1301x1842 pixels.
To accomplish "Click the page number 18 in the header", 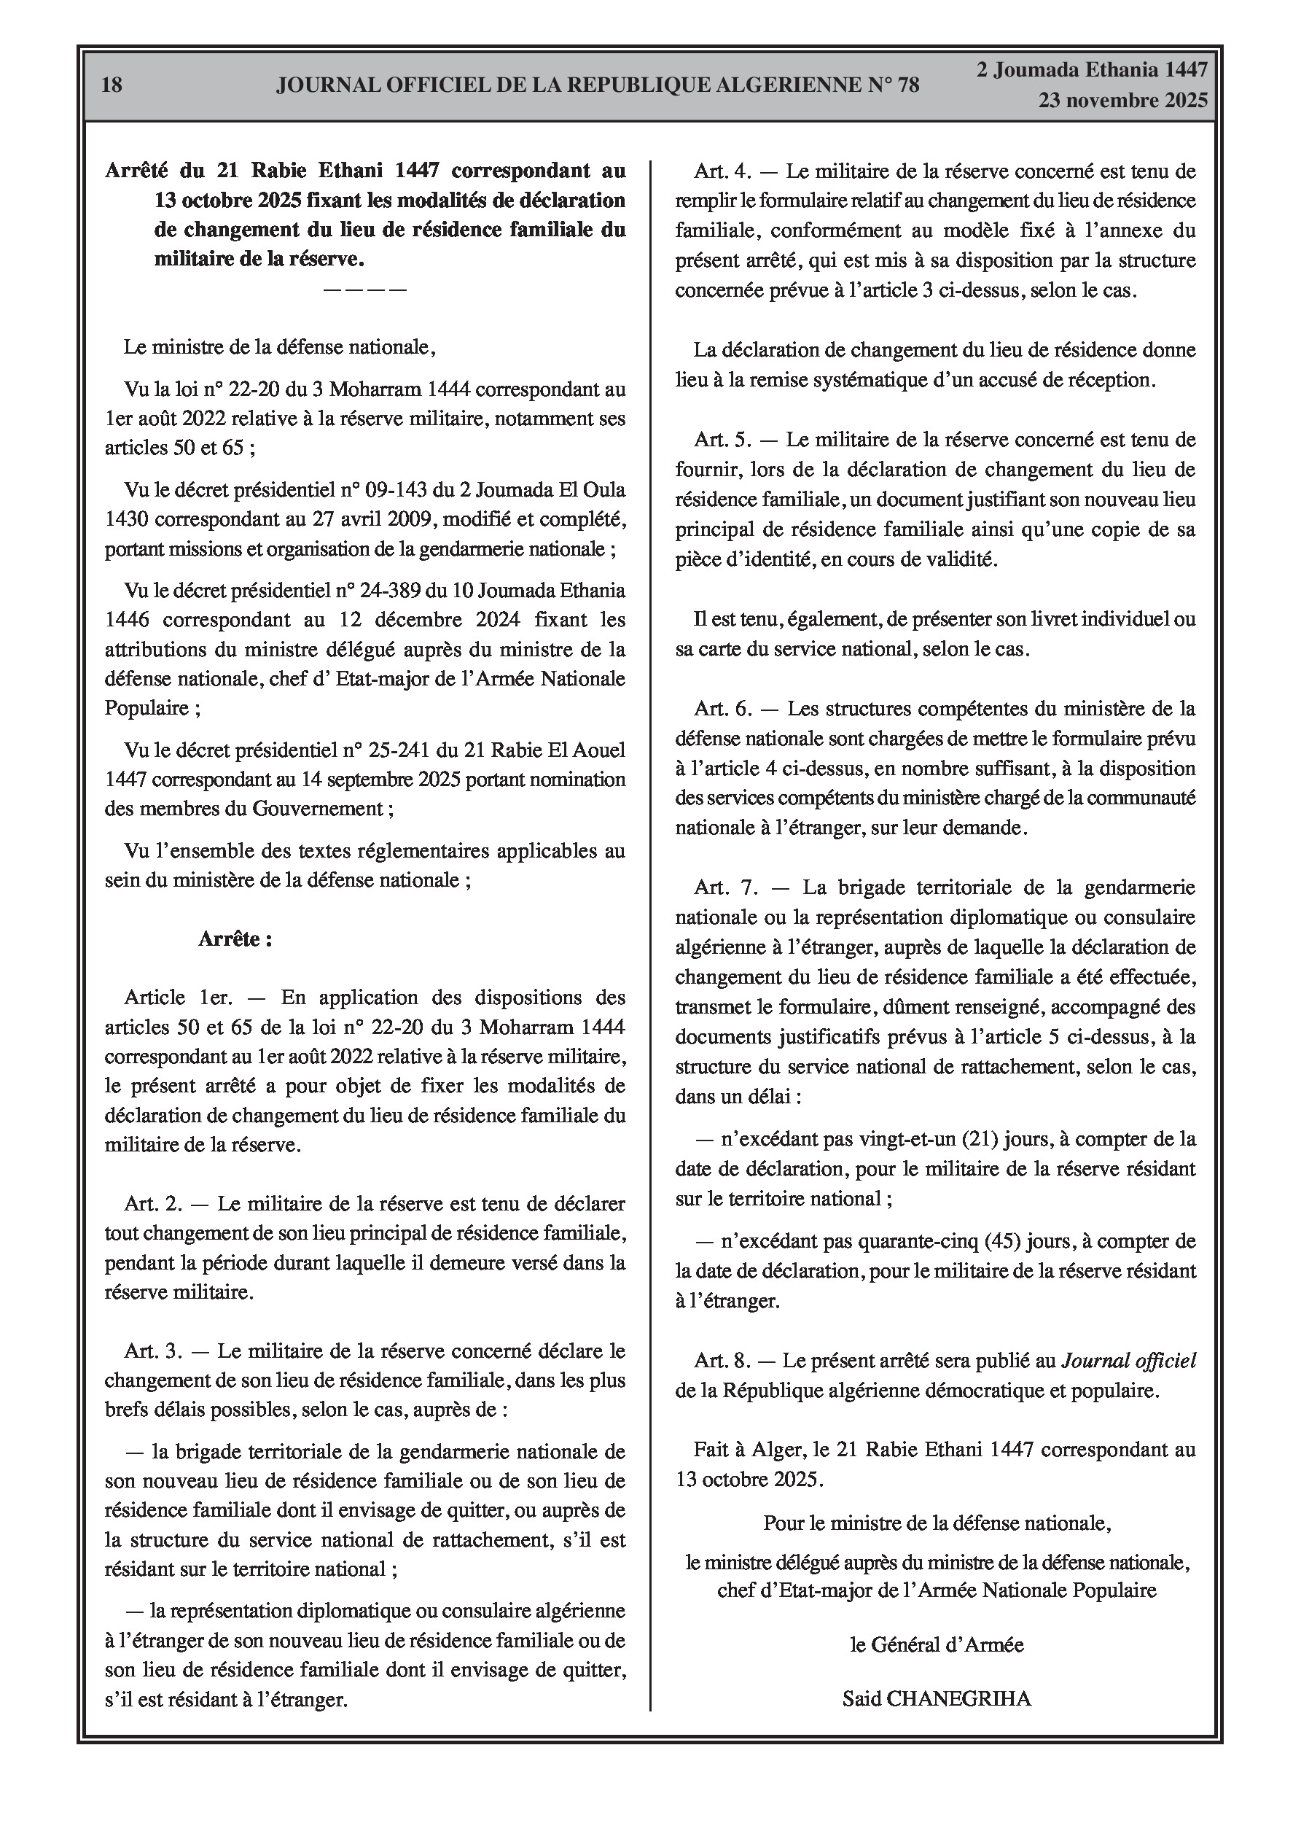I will [x=112, y=85].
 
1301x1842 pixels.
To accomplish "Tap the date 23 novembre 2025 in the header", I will [x=1123, y=101].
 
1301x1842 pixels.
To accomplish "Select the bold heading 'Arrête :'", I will [x=235, y=939].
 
